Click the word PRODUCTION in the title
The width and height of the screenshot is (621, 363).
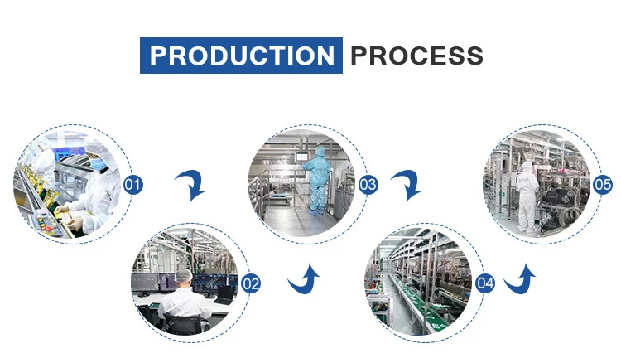pos(241,56)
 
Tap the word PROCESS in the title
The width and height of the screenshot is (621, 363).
pos(416,56)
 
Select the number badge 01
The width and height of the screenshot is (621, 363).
pos(132,185)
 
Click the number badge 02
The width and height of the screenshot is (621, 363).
pos(251,284)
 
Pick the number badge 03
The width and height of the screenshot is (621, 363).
pos(368,184)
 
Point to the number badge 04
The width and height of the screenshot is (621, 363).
pos(486,284)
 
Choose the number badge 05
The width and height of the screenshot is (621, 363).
pos(604,184)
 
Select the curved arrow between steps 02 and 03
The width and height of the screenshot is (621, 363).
pos(304,279)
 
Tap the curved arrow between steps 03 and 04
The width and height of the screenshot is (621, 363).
pos(405,183)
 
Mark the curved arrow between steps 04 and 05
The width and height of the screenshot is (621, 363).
pos(521,280)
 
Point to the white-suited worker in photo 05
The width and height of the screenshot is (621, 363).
pos(527,196)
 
